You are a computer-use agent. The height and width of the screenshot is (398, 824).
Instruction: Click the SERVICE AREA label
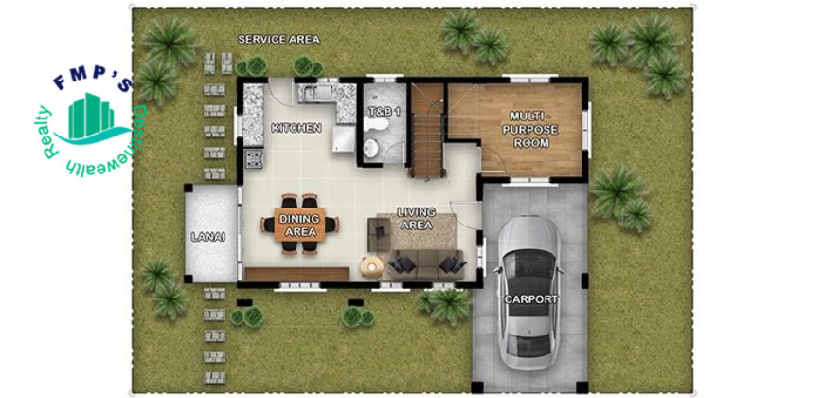click(278, 40)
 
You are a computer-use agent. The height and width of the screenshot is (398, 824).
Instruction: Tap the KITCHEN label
click(296, 128)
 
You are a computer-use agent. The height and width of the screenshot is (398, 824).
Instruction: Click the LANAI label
click(208, 237)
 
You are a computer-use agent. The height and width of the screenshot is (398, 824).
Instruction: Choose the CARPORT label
click(530, 299)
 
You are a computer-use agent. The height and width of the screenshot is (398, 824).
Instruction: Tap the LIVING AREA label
click(417, 219)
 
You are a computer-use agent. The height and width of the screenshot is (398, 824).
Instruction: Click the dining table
click(299, 225)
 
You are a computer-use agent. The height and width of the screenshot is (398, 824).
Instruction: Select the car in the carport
click(529, 292)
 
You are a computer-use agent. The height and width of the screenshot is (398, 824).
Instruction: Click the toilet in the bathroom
click(376, 124)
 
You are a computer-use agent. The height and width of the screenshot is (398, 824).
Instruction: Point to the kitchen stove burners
click(254, 159)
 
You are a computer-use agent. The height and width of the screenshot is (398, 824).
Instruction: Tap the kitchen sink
click(318, 94)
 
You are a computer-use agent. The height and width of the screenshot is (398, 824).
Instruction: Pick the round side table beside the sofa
click(371, 266)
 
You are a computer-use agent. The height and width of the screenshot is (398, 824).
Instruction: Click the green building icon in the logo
click(91, 116)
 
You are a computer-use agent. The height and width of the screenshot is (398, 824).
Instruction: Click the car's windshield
click(529, 264)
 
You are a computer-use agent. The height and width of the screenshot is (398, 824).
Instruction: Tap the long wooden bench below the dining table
click(296, 274)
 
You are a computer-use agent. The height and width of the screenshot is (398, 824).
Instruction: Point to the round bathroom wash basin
click(370, 148)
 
